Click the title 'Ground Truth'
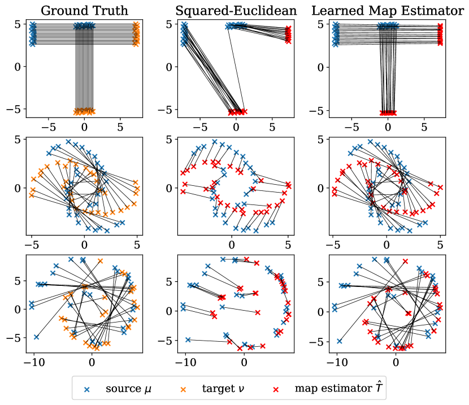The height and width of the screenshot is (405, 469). (x=84, y=10)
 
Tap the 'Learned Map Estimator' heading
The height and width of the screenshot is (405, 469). (x=388, y=10)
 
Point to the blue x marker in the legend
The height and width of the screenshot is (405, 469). (x=87, y=389)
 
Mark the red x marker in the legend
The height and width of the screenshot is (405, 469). (x=277, y=389)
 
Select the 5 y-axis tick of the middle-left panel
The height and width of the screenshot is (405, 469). (x=19, y=139)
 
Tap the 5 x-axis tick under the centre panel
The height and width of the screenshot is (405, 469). (x=287, y=244)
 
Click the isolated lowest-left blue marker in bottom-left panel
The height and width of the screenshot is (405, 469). (x=37, y=337)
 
